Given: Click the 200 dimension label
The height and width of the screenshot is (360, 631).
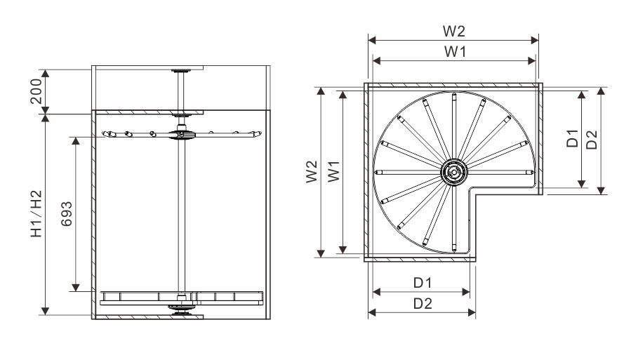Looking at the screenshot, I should click(37, 91).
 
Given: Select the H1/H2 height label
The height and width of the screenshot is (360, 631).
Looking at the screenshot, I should click(36, 214).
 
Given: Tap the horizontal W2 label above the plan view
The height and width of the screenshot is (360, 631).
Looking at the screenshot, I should click(453, 32).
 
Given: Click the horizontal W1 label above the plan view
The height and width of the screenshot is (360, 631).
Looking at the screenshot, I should click(453, 51).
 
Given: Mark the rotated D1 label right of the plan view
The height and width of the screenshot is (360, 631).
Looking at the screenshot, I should click(572, 138).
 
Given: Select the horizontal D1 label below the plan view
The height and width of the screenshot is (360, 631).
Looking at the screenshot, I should click(422, 283).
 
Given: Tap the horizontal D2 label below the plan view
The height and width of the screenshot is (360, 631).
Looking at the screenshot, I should click(422, 303).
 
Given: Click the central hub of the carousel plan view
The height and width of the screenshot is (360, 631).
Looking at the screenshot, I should click(453, 171).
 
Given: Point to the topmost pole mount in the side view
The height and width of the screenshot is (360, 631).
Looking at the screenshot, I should click(181, 71).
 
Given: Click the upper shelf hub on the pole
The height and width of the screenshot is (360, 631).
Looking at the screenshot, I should click(181, 134).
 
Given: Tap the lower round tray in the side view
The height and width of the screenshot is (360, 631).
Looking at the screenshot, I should click(181, 298).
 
